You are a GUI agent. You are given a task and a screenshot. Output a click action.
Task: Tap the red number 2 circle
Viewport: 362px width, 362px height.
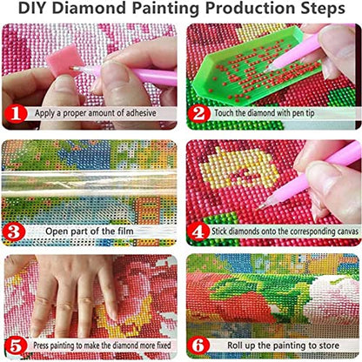198,113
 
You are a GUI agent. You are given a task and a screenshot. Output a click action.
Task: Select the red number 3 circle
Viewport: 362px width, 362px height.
14,231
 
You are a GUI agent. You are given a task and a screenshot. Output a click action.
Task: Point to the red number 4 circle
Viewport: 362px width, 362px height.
198,231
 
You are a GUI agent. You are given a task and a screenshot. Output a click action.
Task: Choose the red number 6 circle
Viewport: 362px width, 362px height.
198,345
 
